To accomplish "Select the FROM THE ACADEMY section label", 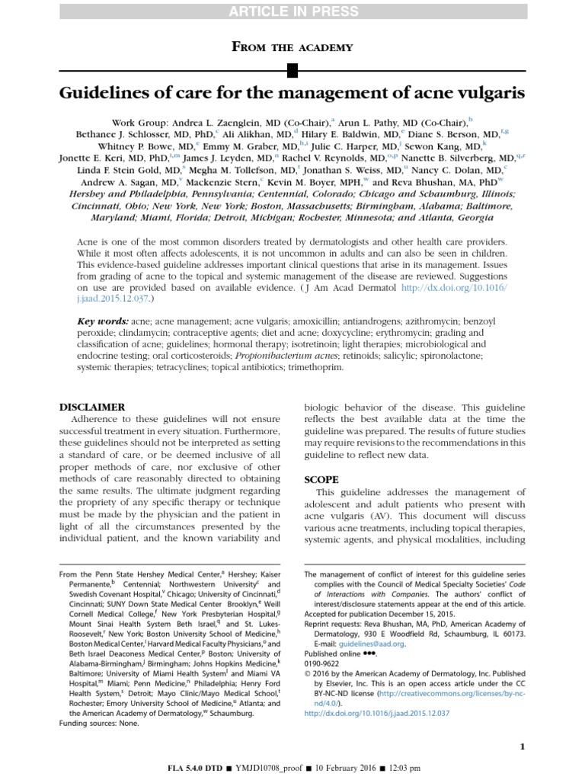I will click(292, 47).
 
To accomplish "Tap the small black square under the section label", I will click(292, 72).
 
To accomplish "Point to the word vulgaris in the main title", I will click(487, 94).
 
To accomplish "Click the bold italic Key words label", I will click(103, 322).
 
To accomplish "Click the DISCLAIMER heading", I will click(92, 407).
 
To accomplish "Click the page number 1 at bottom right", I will click(522, 725).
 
